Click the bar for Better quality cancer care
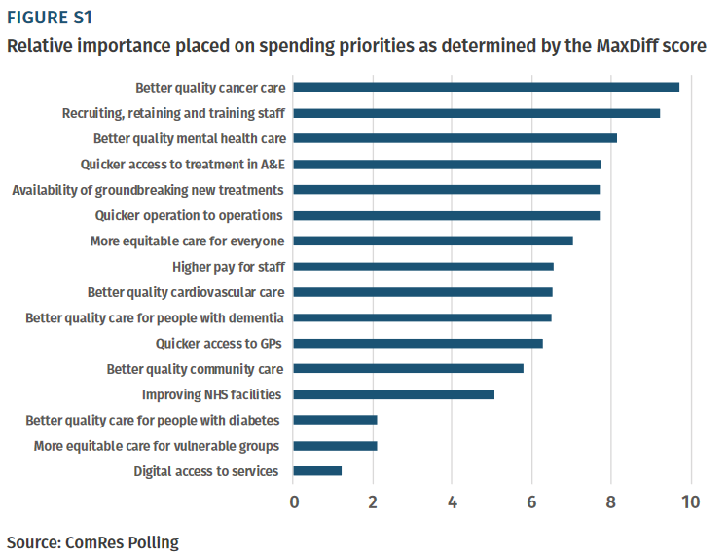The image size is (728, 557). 487,87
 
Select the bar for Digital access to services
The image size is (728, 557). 317,471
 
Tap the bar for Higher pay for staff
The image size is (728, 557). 423,266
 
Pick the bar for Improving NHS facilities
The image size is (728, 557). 394,394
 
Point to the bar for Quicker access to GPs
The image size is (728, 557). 419,343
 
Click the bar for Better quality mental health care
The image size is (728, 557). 455,138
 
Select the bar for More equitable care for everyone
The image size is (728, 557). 433,241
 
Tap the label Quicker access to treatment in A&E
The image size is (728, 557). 183,164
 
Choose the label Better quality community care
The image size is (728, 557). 195,369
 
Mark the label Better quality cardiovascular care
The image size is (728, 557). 186,291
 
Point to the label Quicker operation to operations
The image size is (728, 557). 189,215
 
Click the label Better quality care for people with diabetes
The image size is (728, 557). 153,420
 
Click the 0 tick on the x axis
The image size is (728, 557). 294,502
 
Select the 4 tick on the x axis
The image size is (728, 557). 453,502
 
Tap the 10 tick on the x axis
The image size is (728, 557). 690,502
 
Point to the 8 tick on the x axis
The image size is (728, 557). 611,502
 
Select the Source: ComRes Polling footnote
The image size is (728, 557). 93,541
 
